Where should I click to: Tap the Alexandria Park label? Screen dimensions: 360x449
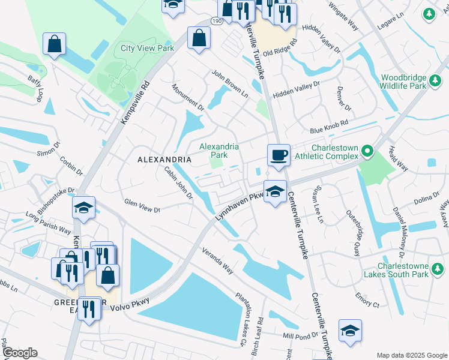coord(219,150)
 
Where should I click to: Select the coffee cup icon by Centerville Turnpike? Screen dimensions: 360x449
coord(279,155)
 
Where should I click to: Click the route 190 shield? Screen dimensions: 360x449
coord(215,21)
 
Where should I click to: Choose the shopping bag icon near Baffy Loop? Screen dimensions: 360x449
coord(54,43)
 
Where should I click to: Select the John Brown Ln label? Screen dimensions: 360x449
coord(229,83)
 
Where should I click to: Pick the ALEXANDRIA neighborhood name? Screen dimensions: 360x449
coord(164,160)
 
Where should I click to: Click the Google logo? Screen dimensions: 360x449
coord(19,353)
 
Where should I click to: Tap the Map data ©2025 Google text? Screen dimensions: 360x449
coord(411,355)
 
